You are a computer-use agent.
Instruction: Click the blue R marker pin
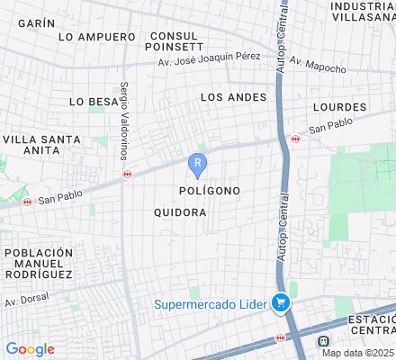click(198, 164)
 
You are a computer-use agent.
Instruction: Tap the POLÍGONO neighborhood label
click(209, 192)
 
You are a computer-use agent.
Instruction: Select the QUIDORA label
click(180, 213)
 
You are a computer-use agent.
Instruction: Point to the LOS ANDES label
click(233, 97)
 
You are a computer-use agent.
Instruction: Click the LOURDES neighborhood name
click(339, 106)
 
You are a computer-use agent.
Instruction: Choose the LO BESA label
click(93, 102)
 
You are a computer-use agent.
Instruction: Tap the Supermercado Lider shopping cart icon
click(282, 304)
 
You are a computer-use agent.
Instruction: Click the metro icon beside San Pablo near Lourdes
click(296, 139)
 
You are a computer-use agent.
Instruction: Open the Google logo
click(30, 349)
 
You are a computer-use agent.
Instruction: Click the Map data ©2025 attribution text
click(358, 352)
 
